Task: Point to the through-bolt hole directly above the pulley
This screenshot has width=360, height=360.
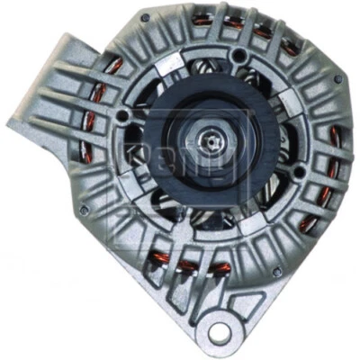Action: tap(238, 57)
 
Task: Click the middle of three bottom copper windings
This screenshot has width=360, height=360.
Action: tap(190, 265)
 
